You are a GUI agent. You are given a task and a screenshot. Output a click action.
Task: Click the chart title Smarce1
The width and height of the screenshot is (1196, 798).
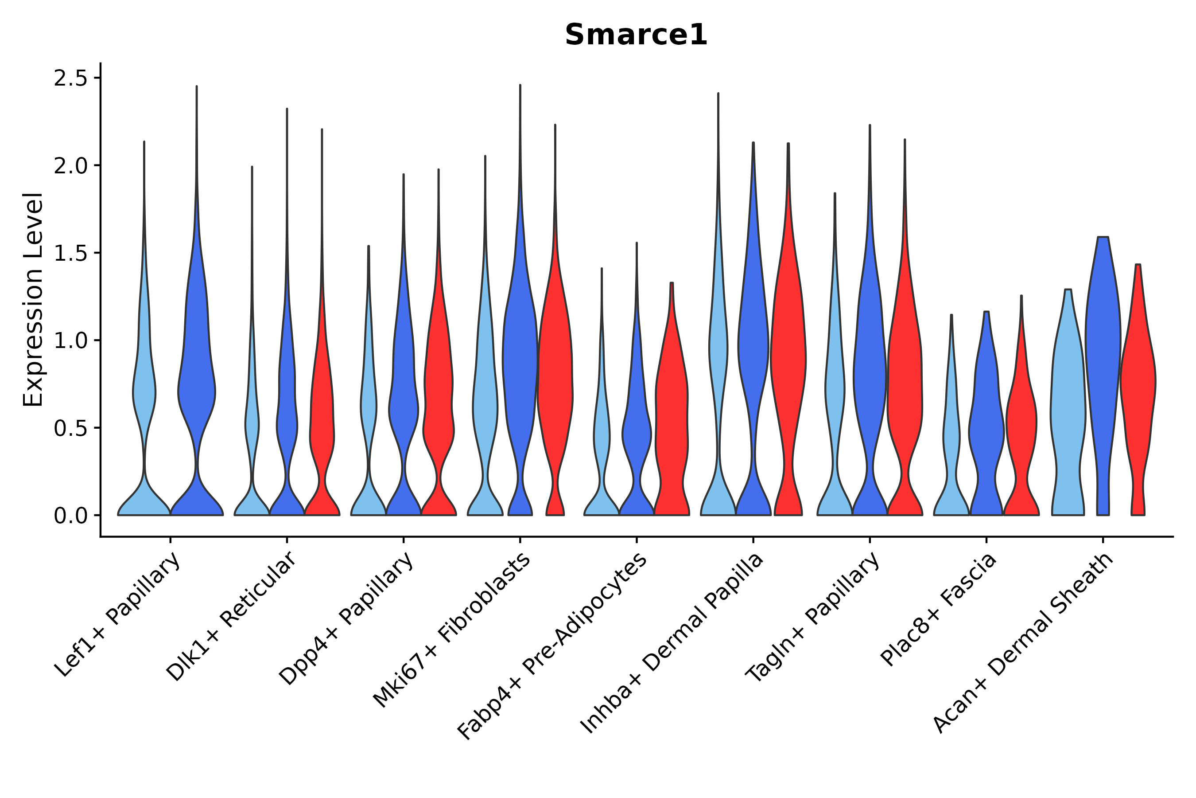pyautogui.click(x=636, y=35)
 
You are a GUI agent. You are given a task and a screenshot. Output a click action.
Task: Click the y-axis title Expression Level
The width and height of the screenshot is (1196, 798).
pyautogui.click(x=34, y=299)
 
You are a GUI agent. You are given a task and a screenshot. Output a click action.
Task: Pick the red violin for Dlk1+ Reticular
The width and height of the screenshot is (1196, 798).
pyautogui.click(x=322, y=407)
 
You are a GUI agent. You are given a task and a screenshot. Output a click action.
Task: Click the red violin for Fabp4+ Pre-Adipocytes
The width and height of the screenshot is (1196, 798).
pyautogui.click(x=672, y=407)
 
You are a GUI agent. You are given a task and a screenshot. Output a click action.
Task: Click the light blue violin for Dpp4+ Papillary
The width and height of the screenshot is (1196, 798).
pyautogui.click(x=369, y=407)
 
